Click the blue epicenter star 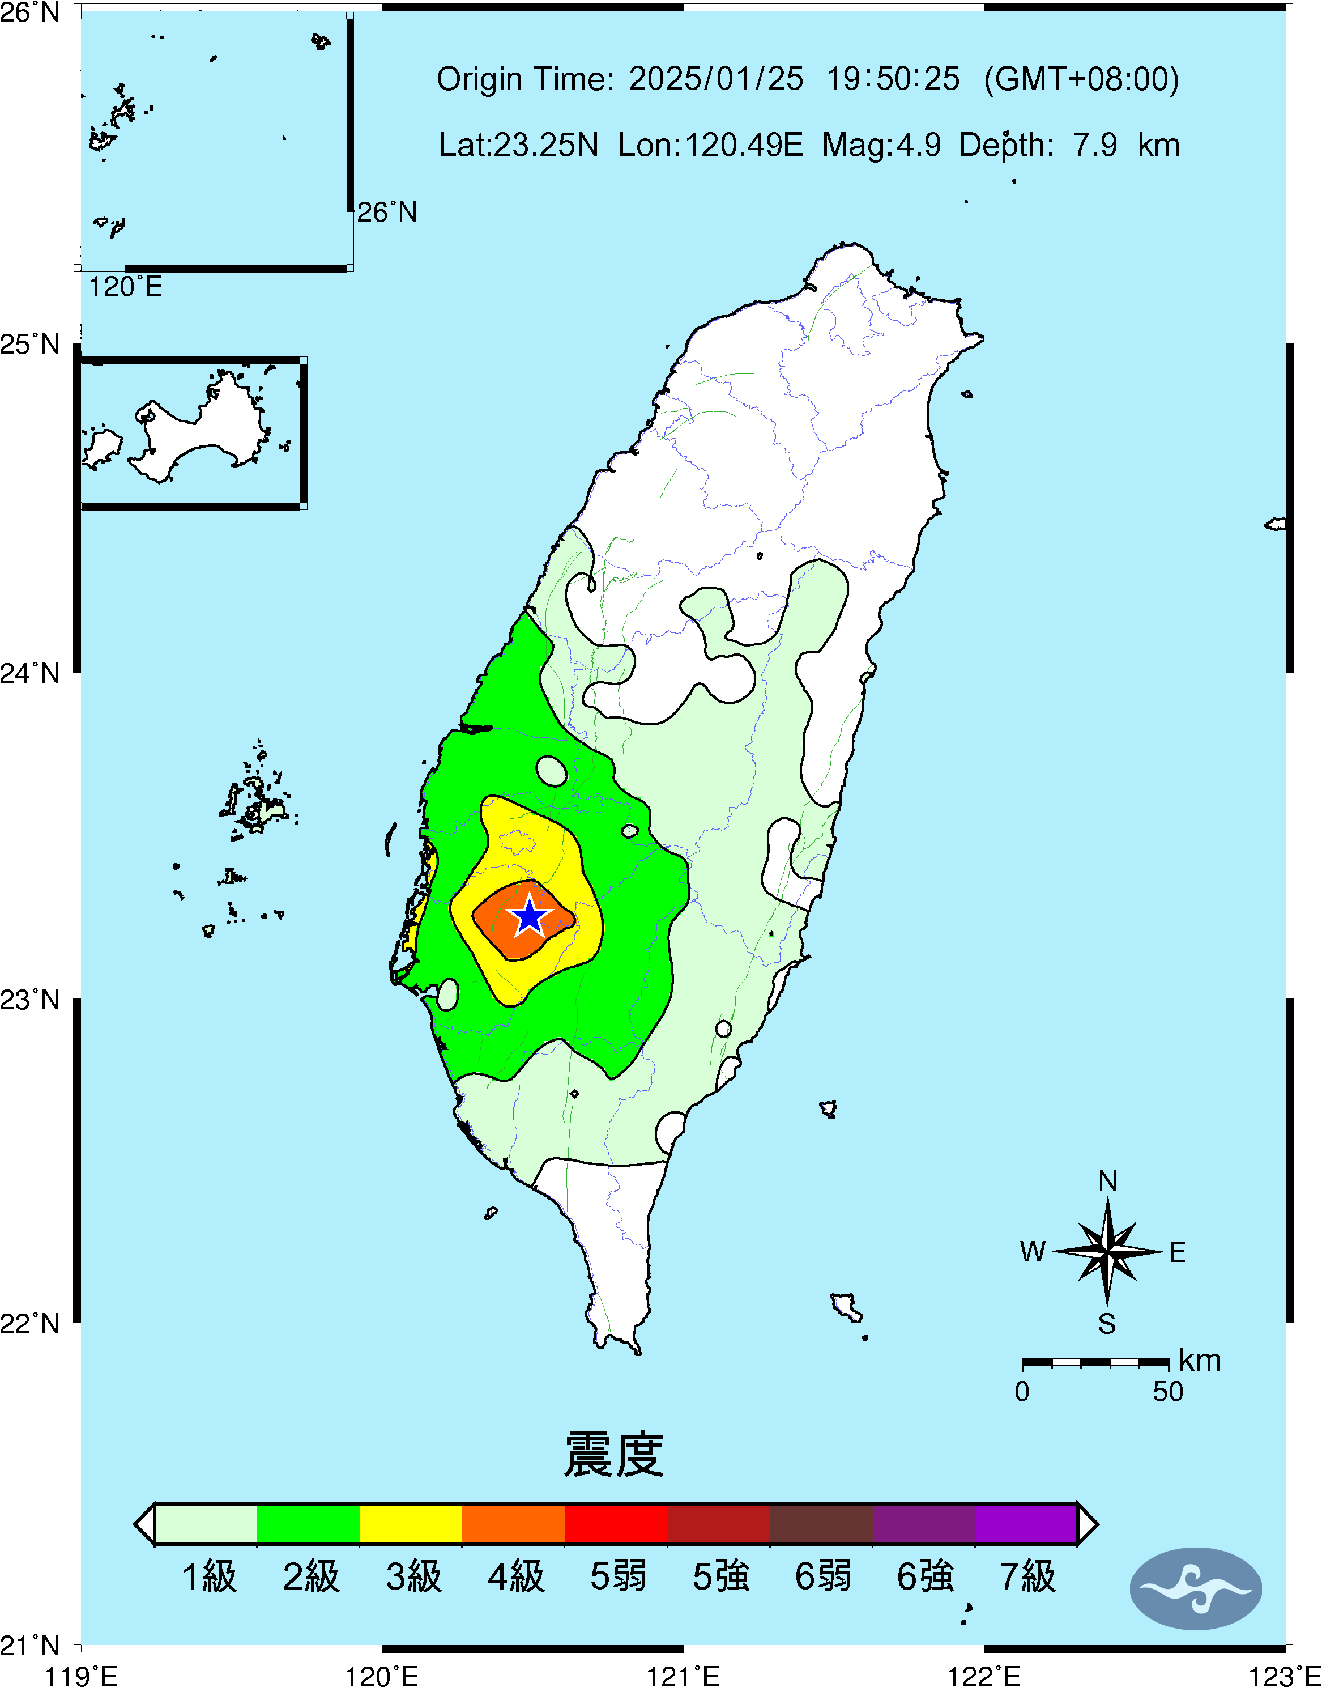point(530,916)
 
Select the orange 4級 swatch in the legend point(513,1524)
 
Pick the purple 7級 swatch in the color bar point(1026,1524)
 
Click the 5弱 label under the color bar point(617,1576)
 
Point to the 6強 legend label point(925,1576)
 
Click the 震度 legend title point(614,1455)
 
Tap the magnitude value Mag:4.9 point(881,145)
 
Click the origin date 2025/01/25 point(716,79)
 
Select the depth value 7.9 point(1094,145)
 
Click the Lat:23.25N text point(519,145)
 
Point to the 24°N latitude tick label point(29,673)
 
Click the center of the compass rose point(1107,1251)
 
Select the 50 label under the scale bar point(1167,1392)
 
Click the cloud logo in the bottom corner point(1195,1588)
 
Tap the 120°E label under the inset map point(125,287)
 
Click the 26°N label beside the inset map point(387,212)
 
